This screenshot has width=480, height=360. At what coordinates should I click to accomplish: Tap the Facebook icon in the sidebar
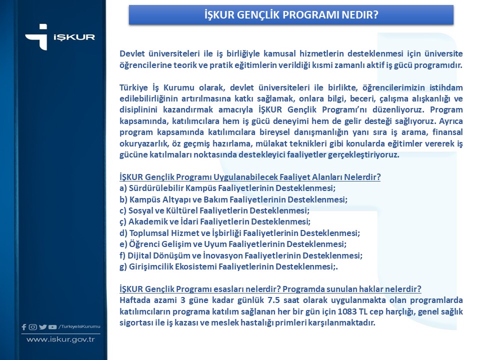tap(24, 327)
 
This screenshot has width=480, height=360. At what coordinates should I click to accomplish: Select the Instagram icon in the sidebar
tap(33, 327)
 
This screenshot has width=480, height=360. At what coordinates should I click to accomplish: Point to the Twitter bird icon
tap(42, 327)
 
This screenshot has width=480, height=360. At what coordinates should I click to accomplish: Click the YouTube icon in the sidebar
tap(52, 327)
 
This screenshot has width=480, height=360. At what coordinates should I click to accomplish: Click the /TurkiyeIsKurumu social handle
tap(79, 327)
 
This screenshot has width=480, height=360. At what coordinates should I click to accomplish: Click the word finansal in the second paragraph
tap(446, 132)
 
